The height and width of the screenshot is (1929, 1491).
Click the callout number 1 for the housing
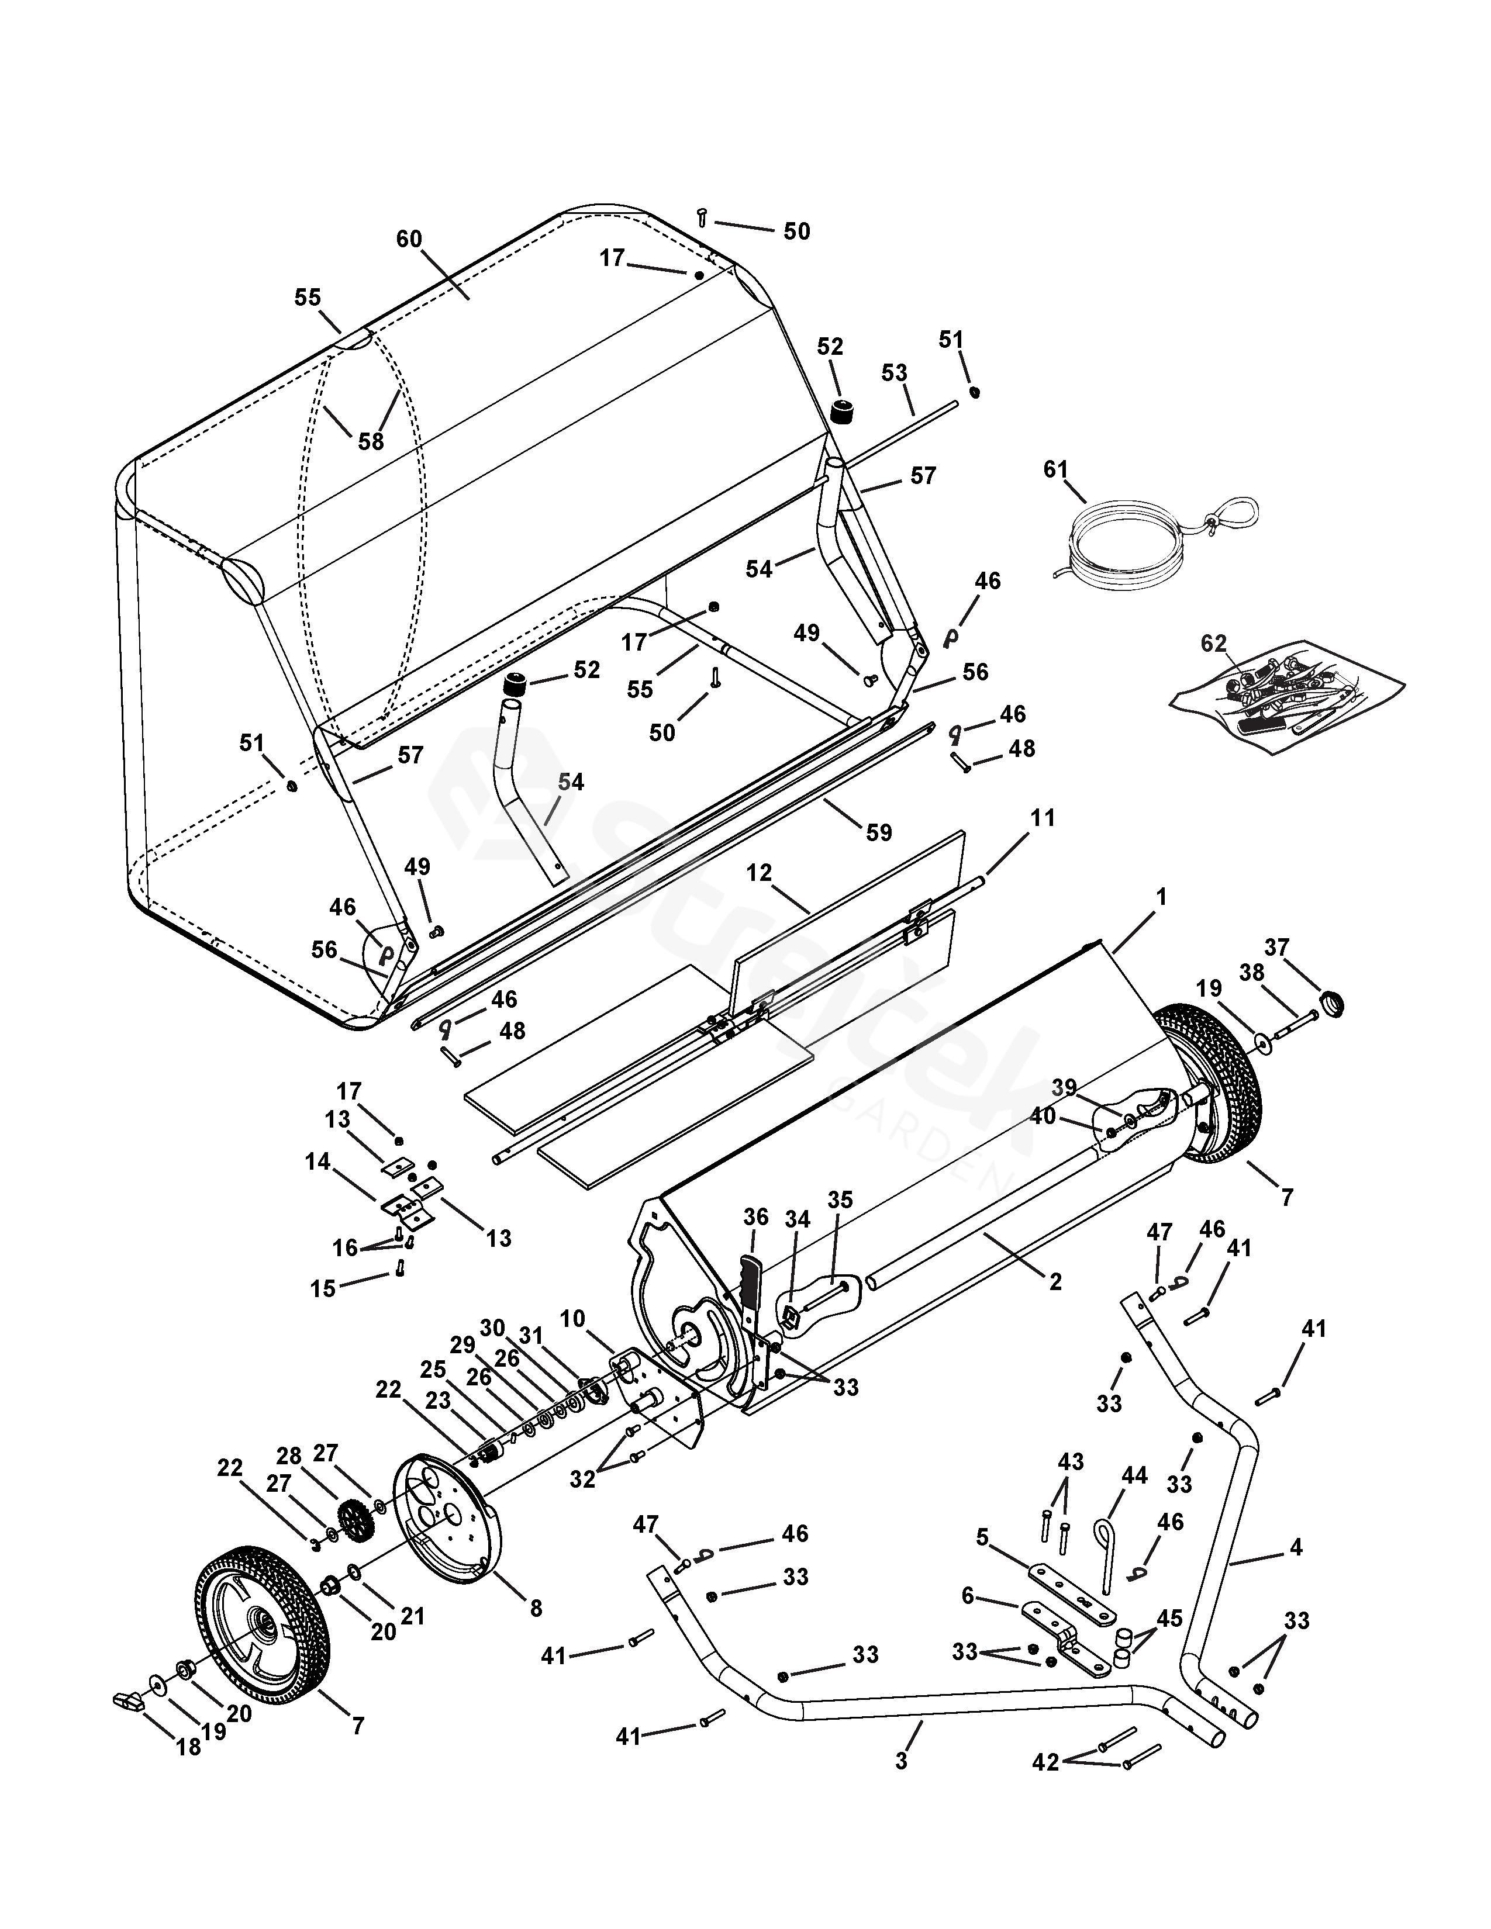(1162, 897)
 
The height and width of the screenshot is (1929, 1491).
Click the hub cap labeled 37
(1330, 1003)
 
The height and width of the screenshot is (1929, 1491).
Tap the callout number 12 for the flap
(759, 873)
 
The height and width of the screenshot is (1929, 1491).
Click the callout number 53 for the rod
(895, 373)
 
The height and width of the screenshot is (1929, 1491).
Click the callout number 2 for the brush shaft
(1055, 1281)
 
